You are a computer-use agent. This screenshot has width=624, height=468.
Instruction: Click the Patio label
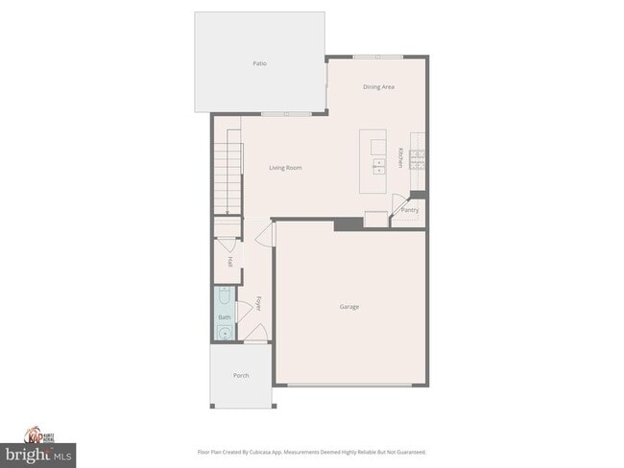tap(259, 63)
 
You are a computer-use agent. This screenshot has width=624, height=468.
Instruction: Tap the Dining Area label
tap(378, 87)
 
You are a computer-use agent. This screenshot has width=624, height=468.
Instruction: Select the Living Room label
tap(286, 168)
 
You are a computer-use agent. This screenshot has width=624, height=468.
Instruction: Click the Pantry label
tap(410, 209)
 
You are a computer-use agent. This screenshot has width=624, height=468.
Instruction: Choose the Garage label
tap(348, 307)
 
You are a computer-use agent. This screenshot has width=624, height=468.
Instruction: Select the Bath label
tap(225, 316)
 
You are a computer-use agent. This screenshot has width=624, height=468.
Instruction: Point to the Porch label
tap(241, 375)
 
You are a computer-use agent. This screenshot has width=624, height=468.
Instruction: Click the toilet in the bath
tap(224, 295)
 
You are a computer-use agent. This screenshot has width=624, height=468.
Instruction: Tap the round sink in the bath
tap(224, 333)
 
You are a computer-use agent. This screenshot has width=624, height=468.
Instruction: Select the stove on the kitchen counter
tap(419, 159)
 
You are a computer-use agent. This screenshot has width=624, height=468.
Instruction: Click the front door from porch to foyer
tap(256, 336)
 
